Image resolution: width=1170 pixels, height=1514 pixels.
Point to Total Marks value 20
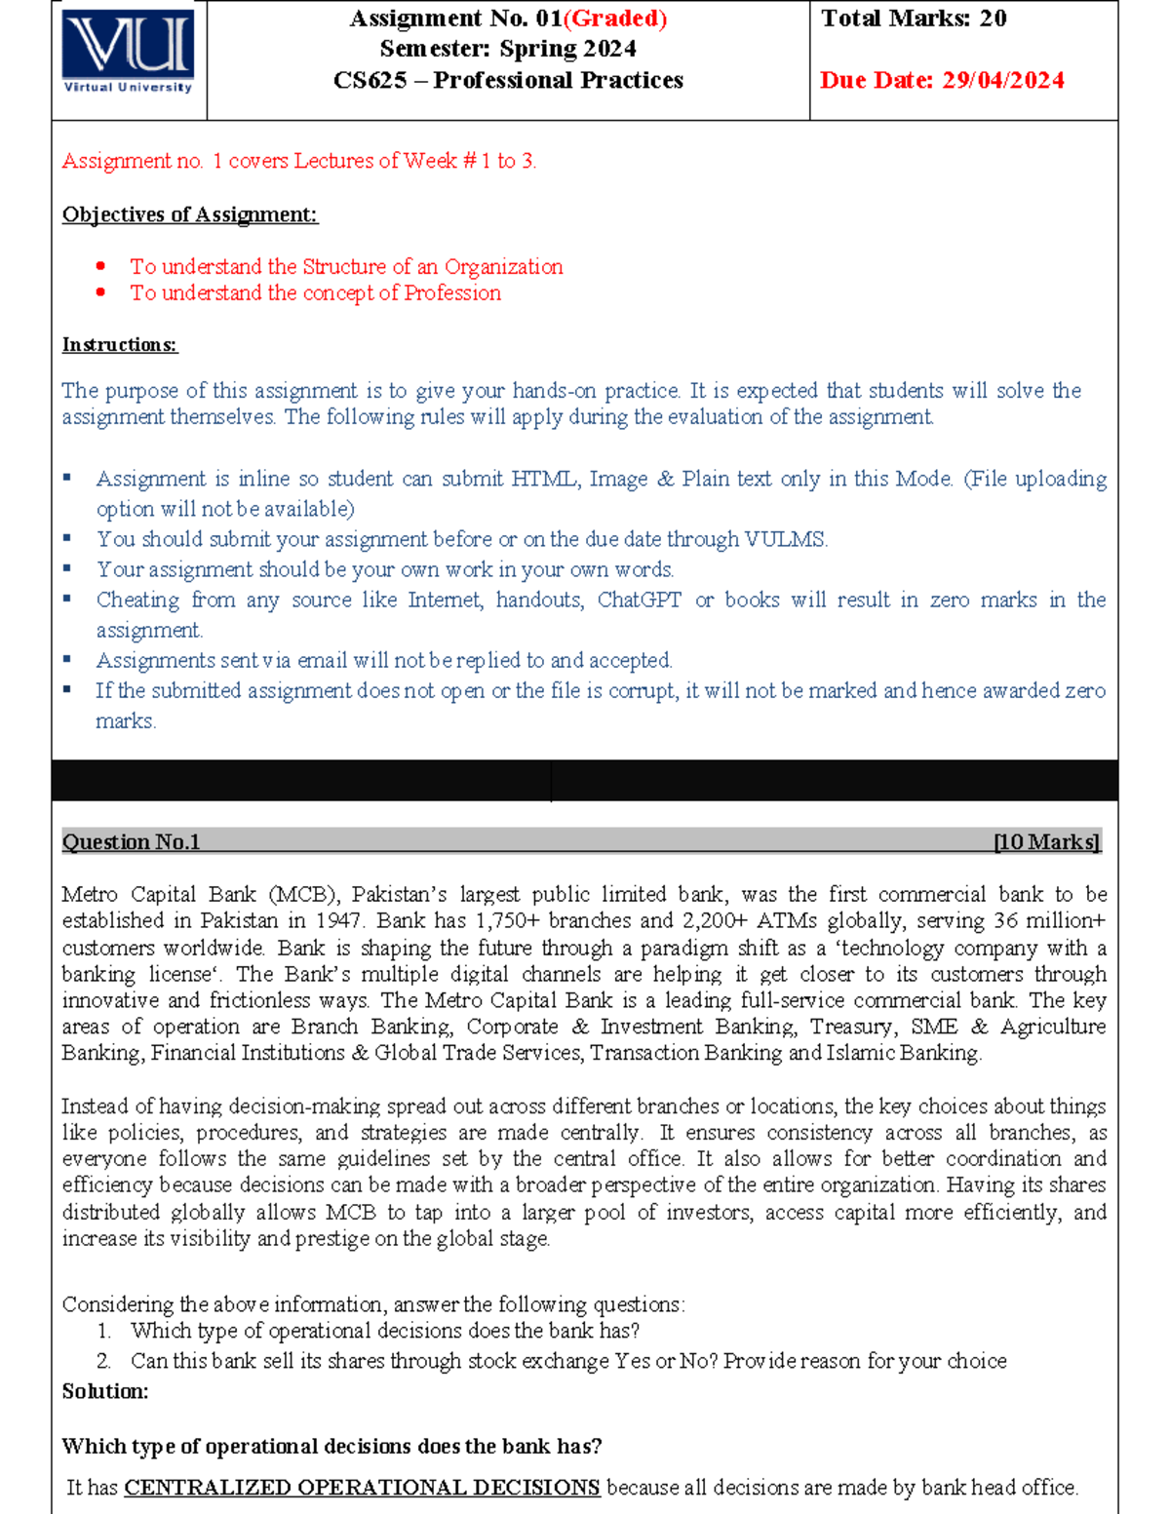click(x=993, y=19)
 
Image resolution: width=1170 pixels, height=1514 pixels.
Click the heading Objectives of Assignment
click(x=189, y=214)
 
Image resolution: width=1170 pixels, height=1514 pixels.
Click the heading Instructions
click(x=119, y=344)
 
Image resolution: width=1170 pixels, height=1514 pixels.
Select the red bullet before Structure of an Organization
click(x=100, y=266)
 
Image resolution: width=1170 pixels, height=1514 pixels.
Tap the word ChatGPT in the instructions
click(x=639, y=600)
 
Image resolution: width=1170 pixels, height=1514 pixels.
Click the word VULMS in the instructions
click(x=785, y=539)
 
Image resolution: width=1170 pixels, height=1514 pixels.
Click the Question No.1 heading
click(x=131, y=842)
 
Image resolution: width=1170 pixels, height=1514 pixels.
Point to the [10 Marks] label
click(x=1046, y=842)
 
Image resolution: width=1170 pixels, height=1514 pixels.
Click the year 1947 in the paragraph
click(x=338, y=920)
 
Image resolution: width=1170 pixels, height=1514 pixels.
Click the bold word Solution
click(x=104, y=1391)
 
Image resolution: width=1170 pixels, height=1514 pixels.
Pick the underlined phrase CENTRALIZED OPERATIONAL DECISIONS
click(x=362, y=1488)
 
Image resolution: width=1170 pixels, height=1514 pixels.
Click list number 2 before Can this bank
click(x=103, y=1361)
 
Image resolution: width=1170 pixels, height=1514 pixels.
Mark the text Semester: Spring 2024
click(x=508, y=49)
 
